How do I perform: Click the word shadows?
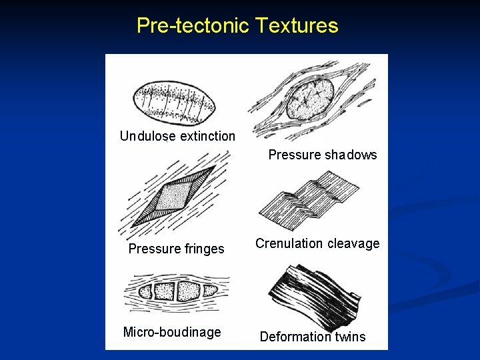(351, 155)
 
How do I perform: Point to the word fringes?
(204, 249)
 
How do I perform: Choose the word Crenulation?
(289, 244)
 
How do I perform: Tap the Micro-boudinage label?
(172, 332)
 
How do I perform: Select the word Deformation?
(293, 337)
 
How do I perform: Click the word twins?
(349, 337)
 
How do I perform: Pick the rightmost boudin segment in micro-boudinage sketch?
(209, 291)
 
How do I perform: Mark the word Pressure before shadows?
(295, 155)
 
